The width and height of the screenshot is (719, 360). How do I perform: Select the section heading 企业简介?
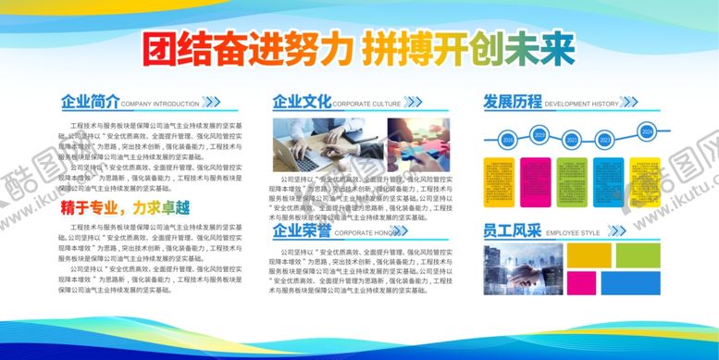89,102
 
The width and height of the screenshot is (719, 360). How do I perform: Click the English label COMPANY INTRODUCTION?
159,105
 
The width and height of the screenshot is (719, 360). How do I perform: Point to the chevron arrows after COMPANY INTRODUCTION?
212,103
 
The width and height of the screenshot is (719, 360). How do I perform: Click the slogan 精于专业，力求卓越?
130,207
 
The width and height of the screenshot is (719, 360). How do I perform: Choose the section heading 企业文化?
301,102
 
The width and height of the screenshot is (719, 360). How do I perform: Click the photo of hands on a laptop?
326,143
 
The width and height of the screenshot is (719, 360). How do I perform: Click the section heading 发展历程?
513,102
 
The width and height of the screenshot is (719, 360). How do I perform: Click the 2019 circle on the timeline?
539,135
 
